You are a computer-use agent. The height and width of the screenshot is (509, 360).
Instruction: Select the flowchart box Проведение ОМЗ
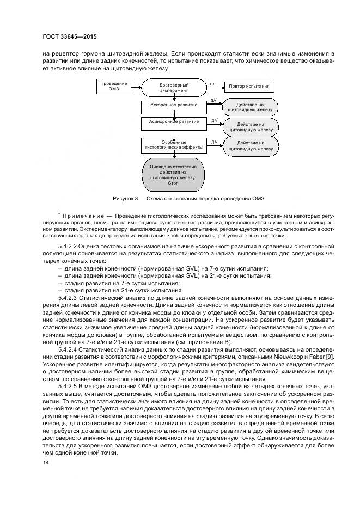(113, 85)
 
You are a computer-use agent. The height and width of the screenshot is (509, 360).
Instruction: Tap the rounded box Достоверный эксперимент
(174, 89)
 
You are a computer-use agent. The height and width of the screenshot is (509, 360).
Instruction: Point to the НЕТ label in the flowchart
(214, 83)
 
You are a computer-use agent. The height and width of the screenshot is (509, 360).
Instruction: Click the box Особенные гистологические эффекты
(174, 144)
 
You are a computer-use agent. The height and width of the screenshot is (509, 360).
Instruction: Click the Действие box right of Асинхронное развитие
(250, 127)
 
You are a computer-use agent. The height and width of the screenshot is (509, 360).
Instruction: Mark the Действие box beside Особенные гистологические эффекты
(250, 145)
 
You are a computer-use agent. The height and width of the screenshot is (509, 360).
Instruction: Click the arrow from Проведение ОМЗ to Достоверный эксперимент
(135, 86)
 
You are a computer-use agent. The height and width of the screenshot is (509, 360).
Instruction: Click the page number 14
(45, 462)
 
